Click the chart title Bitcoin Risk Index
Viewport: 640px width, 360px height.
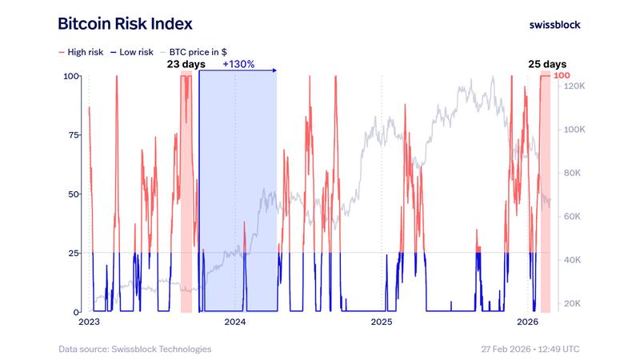(125, 24)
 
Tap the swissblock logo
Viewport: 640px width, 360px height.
(555, 24)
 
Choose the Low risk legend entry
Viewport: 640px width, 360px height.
(132, 51)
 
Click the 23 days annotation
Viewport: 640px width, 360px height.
(186, 64)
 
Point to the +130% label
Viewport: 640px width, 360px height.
(238, 64)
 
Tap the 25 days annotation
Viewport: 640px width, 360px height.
(546, 64)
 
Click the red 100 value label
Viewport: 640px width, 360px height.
(562, 76)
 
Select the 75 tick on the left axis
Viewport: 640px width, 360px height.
(73, 135)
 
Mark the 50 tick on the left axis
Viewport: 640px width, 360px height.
(73, 194)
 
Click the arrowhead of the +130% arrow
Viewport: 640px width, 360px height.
(274, 71)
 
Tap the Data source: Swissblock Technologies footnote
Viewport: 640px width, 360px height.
(134, 349)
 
